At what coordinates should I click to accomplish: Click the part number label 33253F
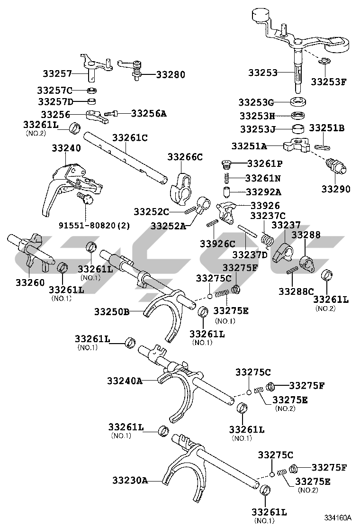click(328, 82)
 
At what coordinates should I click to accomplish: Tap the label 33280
click(171, 74)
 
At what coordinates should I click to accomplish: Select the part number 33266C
click(186, 157)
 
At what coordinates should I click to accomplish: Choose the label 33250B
click(111, 312)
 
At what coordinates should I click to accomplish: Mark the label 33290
click(336, 189)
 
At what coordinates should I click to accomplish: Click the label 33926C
click(217, 244)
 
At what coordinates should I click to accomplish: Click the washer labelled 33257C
click(92, 90)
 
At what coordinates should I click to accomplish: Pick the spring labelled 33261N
click(227, 179)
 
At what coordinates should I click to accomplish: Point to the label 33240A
click(125, 381)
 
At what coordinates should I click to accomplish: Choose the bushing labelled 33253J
click(298, 129)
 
